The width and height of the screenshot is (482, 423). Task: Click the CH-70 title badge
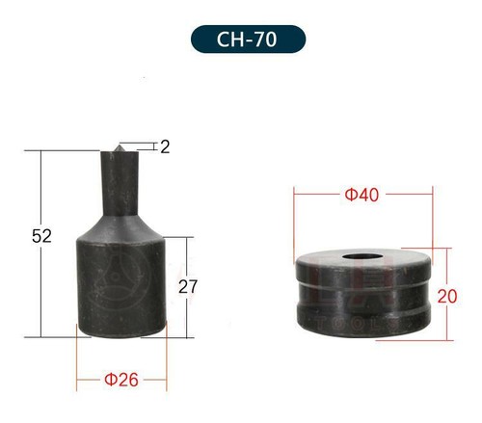coord(248,40)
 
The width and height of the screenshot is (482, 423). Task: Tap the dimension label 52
coord(41,236)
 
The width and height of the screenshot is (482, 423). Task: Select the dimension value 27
coord(188,286)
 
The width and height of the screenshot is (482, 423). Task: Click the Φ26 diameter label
coord(121,380)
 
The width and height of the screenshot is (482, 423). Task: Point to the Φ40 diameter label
coord(361,195)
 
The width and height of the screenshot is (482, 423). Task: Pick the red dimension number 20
coord(447,296)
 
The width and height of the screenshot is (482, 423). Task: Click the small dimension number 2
coord(165,147)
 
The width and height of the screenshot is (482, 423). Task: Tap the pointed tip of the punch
coord(119,145)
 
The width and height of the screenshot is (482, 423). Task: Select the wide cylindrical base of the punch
coord(121,287)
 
